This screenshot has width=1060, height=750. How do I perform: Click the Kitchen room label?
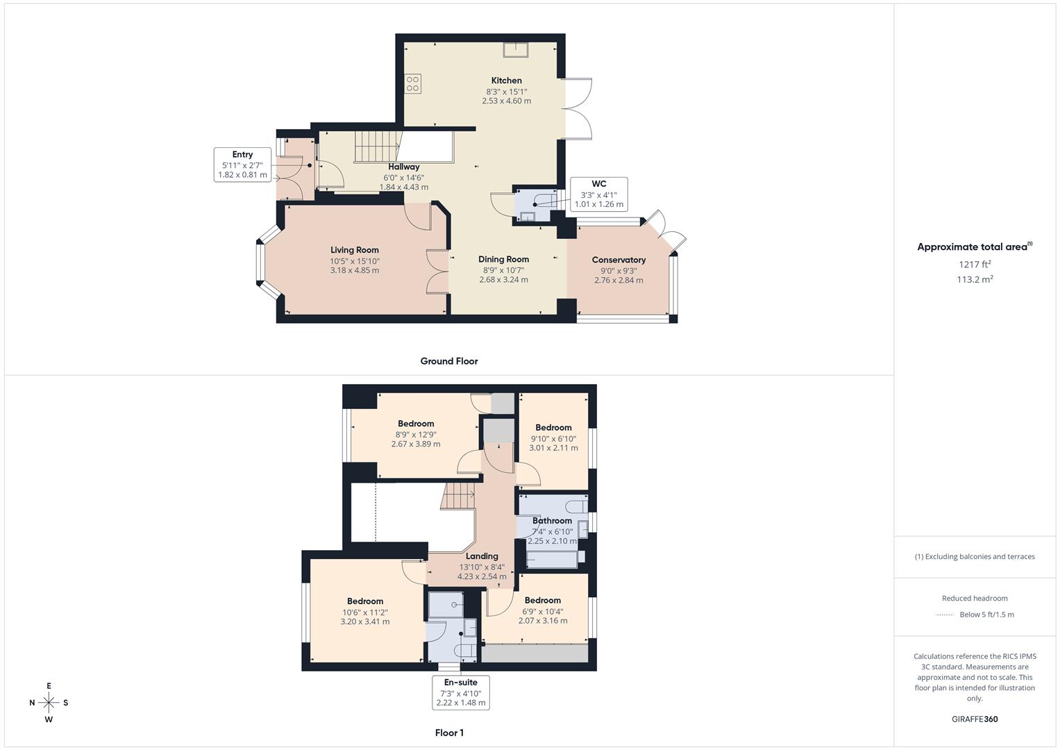coord(506,81)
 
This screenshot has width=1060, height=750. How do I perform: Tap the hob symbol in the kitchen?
coord(412,84)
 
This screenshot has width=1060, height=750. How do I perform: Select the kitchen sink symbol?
coord(516,49)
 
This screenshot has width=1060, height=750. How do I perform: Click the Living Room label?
coord(355,250)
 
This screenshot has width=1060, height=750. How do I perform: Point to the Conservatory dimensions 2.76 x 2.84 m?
coord(619,281)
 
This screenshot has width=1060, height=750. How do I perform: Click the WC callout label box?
coord(598,194)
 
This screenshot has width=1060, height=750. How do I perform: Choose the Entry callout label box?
coord(242,165)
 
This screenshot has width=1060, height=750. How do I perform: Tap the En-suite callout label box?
coord(460,692)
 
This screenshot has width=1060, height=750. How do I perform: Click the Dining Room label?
coord(503,260)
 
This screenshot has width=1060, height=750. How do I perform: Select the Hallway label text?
coord(403,167)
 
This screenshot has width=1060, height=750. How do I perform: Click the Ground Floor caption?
coord(449,361)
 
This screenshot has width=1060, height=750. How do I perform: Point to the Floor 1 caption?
coord(449,733)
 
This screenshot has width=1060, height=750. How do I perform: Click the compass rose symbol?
coord(49,703)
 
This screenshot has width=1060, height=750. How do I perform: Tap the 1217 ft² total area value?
coord(975,264)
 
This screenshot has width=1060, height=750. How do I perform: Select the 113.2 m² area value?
coord(975,279)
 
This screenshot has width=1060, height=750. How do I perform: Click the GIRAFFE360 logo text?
coord(975,719)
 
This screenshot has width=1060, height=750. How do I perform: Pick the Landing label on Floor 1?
coord(482,556)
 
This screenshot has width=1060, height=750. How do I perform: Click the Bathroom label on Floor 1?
coord(552,521)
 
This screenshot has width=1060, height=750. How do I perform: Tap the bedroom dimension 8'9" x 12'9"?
coord(416,435)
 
